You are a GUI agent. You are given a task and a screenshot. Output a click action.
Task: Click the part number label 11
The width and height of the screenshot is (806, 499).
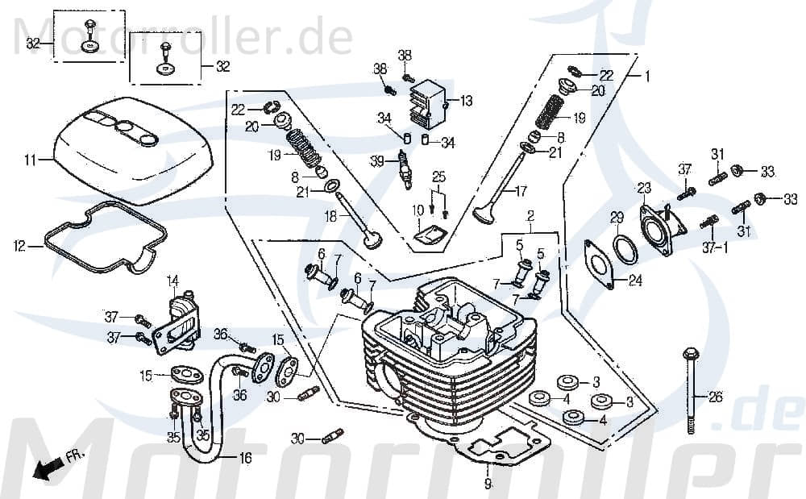tap(30, 160)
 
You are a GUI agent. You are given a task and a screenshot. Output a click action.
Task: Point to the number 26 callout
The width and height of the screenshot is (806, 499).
tap(716, 397)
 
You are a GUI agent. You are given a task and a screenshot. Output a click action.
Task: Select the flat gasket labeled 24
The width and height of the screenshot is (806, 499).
tap(600, 262)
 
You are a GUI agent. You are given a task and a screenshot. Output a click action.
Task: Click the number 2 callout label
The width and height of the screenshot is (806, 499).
tap(530, 216)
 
